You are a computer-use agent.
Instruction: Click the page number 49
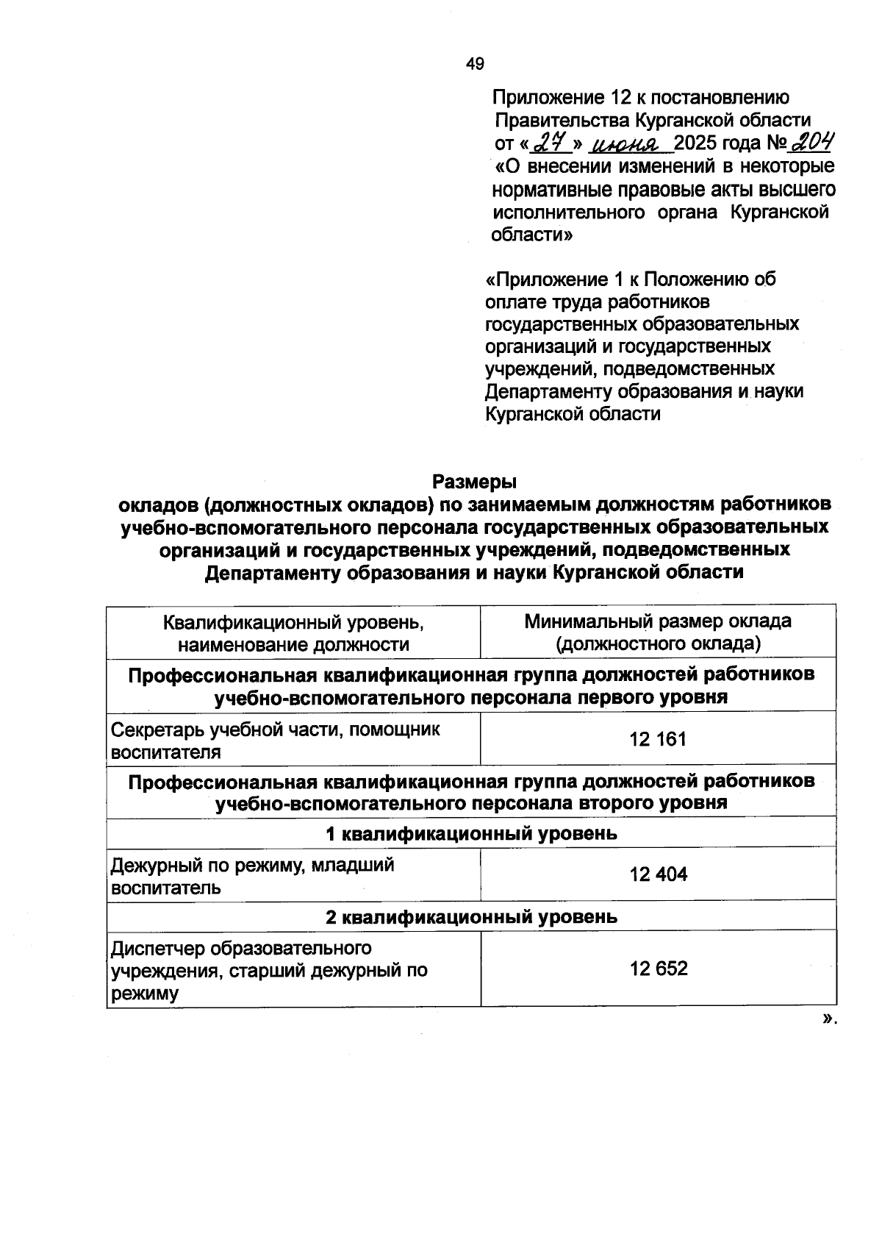(475, 64)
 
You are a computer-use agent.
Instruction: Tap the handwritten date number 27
(548, 140)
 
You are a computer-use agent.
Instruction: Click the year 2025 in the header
(695, 142)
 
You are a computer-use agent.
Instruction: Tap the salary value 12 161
(658, 739)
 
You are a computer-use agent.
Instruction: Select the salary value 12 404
(658, 874)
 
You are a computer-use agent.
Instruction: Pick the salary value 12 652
(658, 969)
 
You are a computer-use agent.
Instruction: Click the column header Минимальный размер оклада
(658, 621)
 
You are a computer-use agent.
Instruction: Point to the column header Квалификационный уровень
(293, 622)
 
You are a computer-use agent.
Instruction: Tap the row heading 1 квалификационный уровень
(471, 833)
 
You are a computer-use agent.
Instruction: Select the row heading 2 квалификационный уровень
(471, 917)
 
